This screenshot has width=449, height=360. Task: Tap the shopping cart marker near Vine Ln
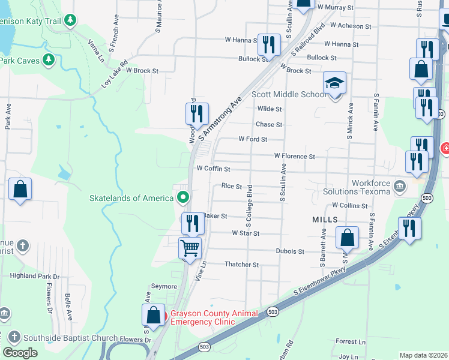point(190,247)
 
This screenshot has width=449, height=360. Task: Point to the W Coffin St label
point(209,169)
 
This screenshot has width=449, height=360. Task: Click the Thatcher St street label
point(241,264)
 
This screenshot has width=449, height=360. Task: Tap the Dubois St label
point(291,251)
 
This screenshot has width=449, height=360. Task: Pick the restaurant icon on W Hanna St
point(269,44)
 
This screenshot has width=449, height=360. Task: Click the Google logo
point(20,353)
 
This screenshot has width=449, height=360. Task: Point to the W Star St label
point(246,233)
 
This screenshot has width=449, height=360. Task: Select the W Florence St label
point(294,156)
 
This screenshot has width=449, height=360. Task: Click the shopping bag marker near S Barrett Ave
point(348,237)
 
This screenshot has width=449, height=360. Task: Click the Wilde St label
point(270,109)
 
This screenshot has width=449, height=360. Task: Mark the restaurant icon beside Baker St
point(192,223)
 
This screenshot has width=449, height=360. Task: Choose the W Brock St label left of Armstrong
point(142,71)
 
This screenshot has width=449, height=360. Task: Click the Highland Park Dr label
point(35,276)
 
